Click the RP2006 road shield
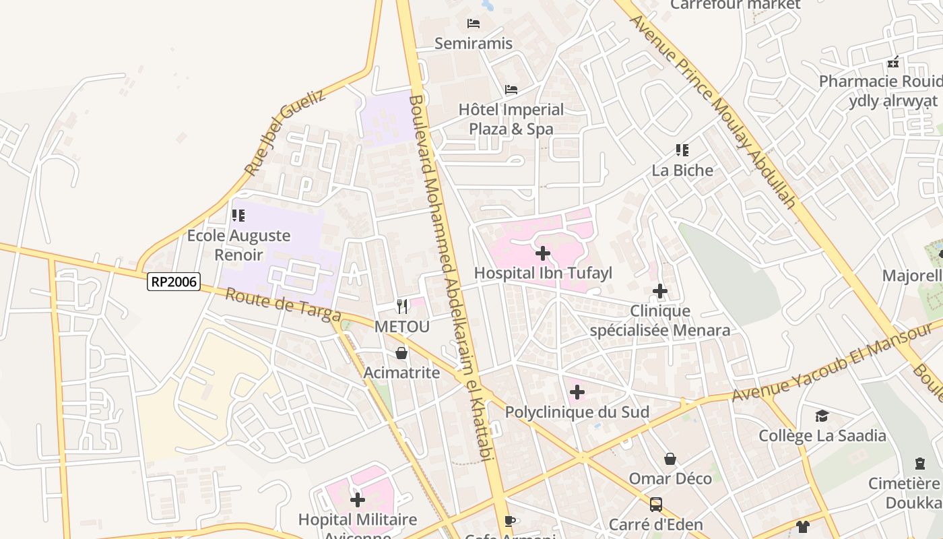(174, 282)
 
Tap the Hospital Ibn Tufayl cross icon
(542, 253)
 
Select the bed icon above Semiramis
(474, 24)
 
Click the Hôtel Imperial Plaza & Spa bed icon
(511, 90)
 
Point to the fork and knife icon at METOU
(402, 307)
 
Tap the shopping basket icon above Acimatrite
(401, 352)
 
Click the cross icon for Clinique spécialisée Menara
(660, 291)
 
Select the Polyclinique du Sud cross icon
(577, 391)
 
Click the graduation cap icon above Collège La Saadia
(822, 416)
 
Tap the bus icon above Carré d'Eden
(655, 504)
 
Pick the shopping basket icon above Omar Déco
(670, 459)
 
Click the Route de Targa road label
(283, 305)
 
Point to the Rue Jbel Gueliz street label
(285, 133)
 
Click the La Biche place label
(682, 170)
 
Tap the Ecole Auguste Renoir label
(238, 245)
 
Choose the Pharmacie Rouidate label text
(879, 82)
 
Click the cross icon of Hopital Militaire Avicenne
(358, 500)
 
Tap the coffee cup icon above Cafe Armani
(510, 520)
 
